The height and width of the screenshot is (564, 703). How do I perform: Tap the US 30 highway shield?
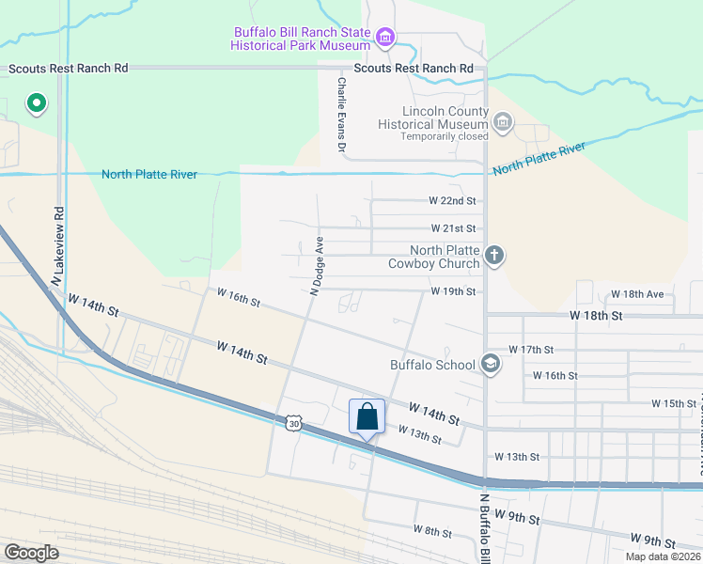(294, 425)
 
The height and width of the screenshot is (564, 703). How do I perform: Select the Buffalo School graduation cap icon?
(490, 364)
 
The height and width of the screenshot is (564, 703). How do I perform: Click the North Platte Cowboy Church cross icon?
(494, 255)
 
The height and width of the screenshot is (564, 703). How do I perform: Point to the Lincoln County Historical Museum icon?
(503, 121)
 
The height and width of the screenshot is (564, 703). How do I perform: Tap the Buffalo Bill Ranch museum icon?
(384, 38)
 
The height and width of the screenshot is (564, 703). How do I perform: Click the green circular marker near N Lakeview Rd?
(36, 102)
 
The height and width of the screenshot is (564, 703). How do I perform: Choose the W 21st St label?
(454, 228)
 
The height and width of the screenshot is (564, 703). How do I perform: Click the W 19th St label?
(454, 292)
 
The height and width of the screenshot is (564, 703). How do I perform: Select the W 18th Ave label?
(636, 294)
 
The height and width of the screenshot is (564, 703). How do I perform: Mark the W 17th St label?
(531, 350)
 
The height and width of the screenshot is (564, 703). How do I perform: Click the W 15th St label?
(674, 403)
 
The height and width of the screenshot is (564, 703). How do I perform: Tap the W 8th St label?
(432, 532)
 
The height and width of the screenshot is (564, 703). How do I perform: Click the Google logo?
(32, 552)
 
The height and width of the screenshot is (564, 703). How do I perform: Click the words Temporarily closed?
(444, 136)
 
